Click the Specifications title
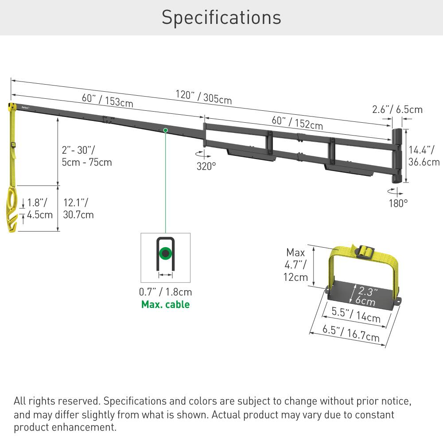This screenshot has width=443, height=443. point(221,18)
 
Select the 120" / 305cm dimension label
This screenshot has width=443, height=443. point(203,97)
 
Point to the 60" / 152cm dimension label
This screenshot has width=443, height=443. point(297,122)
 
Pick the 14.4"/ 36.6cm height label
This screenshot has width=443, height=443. point(424,156)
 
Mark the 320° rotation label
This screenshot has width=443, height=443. point(206,166)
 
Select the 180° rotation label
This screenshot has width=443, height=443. point(398,203)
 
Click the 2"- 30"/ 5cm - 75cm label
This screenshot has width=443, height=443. point(87,156)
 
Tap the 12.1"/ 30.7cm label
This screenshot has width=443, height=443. point(78,209)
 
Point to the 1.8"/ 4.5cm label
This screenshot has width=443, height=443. point(40,209)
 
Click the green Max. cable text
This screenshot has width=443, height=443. point(165,304)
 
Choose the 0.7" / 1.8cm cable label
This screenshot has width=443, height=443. point(165,292)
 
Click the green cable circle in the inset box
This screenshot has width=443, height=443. point(166,254)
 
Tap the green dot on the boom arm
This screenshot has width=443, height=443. point(165,130)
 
